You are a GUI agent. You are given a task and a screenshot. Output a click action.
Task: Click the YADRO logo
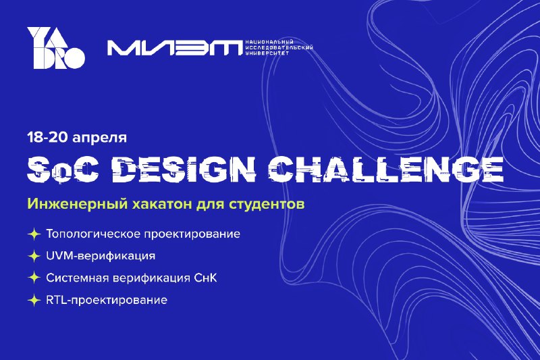click(x=56, y=48)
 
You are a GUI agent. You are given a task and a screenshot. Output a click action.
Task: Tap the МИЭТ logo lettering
click(x=175, y=48)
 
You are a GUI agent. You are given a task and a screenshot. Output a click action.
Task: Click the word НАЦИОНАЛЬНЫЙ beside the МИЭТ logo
click(x=269, y=42)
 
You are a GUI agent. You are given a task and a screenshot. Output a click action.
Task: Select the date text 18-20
click(x=48, y=137)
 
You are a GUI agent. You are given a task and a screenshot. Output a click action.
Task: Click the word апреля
click(x=99, y=138)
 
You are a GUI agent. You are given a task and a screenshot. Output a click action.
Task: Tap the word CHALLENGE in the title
click(x=385, y=168)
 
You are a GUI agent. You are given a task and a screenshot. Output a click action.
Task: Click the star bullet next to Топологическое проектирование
click(x=34, y=234)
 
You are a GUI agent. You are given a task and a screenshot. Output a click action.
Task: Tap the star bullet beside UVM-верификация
click(x=34, y=256)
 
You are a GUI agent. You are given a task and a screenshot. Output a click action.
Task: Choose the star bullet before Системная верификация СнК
click(x=34, y=278)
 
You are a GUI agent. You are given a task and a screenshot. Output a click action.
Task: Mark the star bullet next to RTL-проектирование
click(x=34, y=300)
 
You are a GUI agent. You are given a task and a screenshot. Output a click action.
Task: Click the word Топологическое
click(x=93, y=234)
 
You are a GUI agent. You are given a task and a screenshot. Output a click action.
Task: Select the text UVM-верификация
click(x=101, y=256)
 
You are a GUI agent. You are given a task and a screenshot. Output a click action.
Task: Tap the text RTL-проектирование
click(x=107, y=300)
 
